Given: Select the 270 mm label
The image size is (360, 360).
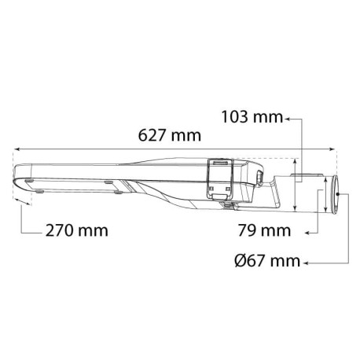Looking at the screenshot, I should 76,231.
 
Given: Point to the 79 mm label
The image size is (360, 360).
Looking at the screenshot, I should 263,231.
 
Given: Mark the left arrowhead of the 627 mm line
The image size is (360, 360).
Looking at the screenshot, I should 17,148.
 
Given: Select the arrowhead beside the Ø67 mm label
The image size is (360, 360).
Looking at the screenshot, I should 306,260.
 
